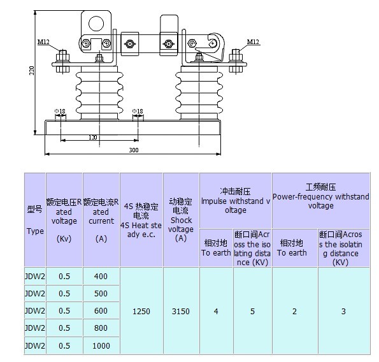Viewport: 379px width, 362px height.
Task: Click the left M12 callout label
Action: pyautogui.click(x=43, y=42)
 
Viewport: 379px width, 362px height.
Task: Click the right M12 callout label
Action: pyautogui.click(x=253, y=42)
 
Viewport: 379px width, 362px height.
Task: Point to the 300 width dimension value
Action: pyautogui.click(x=133, y=150)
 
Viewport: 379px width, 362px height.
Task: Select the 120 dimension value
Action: pyautogui.click(x=93, y=138)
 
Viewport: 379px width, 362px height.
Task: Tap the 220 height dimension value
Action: pyautogui.click(x=32, y=70)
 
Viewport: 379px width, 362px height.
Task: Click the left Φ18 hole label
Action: pyautogui.click(x=60, y=112)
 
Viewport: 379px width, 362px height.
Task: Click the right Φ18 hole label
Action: pyautogui.click(x=138, y=112)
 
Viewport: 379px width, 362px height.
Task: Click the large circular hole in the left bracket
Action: pyautogui.click(x=96, y=24)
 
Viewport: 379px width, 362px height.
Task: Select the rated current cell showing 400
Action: pyautogui.click(x=101, y=276)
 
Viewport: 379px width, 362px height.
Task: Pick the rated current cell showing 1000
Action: pyautogui.click(x=101, y=346)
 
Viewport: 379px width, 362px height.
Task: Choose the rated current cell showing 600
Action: pyautogui.click(x=101, y=311)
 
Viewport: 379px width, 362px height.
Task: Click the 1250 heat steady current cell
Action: pyautogui.click(x=141, y=311)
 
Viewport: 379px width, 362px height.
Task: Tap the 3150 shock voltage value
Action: pyautogui.click(x=181, y=311)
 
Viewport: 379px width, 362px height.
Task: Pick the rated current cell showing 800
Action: pyautogui.click(x=101, y=328)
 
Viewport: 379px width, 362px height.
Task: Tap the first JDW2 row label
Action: pyautogui.click(x=35, y=276)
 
